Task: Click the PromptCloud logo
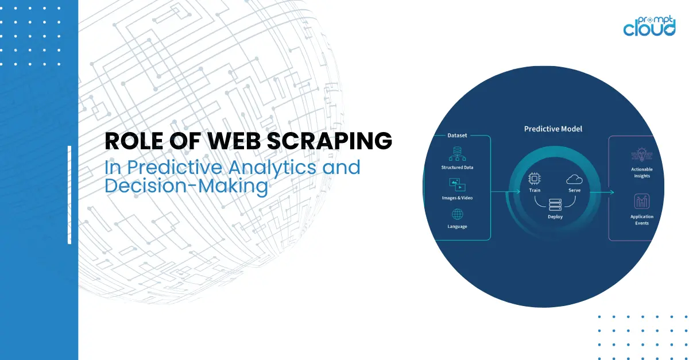pos(649,26)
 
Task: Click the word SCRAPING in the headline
pos(330,141)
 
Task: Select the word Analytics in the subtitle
pos(272,168)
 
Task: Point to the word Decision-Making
pos(187,186)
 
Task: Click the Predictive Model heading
pos(553,129)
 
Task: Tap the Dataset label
pos(457,136)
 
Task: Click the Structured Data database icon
pos(457,154)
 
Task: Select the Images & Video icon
pos(457,185)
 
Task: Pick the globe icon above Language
pos(458,214)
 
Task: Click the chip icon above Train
pos(535,179)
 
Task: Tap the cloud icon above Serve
pos(574,179)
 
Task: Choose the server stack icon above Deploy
pos(555,204)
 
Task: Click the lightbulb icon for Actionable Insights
pos(642,154)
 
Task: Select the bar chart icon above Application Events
pos(642,202)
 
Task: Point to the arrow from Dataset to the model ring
pos(505,192)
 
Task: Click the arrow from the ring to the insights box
pos(602,192)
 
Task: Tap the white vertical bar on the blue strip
pos(69,195)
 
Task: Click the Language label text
pos(457,226)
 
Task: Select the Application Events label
pos(642,220)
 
